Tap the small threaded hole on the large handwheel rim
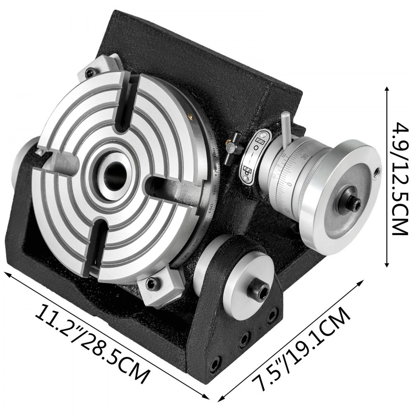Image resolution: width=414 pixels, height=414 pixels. (377, 171)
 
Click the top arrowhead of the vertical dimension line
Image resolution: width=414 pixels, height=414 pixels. (387, 89)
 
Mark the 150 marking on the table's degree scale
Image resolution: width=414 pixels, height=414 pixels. (214, 209)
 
